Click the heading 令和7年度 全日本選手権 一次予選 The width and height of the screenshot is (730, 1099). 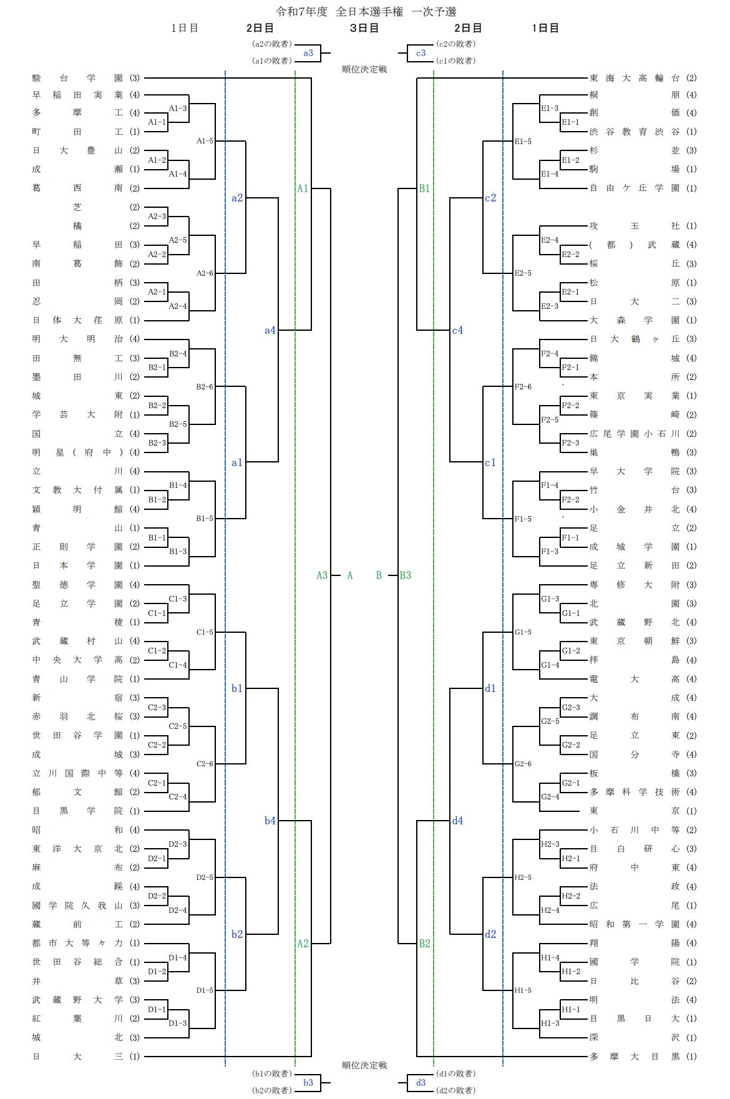[x=366, y=11]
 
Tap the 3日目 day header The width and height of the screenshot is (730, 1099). [x=364, y=28]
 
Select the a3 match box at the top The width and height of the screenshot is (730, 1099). [x=308, y=53]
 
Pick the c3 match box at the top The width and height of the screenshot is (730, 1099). [x=421, y=53]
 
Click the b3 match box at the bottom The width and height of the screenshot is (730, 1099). [x=308, y=1083]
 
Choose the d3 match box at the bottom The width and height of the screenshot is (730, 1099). [x=421, y=1083]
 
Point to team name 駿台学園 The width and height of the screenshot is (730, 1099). [x=77, y=78]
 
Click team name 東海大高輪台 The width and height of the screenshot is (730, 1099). [x=635, y=78]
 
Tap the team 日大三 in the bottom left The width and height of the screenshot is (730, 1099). [x=77, y=1057]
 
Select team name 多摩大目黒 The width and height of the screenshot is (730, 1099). [x=635, y=1057]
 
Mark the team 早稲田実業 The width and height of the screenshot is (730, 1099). [x=77, y=95]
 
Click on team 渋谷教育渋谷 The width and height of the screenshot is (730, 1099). [x=635, y=132]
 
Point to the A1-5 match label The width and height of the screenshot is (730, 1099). [x=205, y=141]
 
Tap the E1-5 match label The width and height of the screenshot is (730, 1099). [x=523, y=142]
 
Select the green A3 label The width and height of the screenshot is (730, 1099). [x=322, y=575]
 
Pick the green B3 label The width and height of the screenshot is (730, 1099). [x=406, y=575]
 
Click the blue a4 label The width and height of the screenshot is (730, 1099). [x=270, y=330]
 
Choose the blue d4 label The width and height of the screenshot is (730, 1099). [x=458, y=821]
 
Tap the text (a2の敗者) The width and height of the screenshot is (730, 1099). [x=271, y=44]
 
